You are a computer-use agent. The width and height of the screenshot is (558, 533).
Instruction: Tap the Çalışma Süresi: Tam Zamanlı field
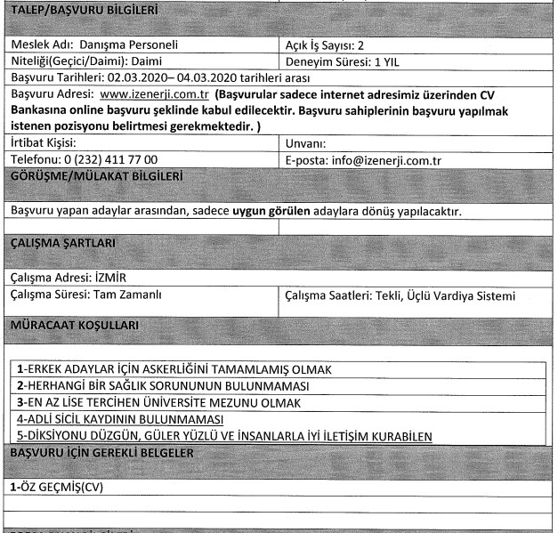pos(86,293)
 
